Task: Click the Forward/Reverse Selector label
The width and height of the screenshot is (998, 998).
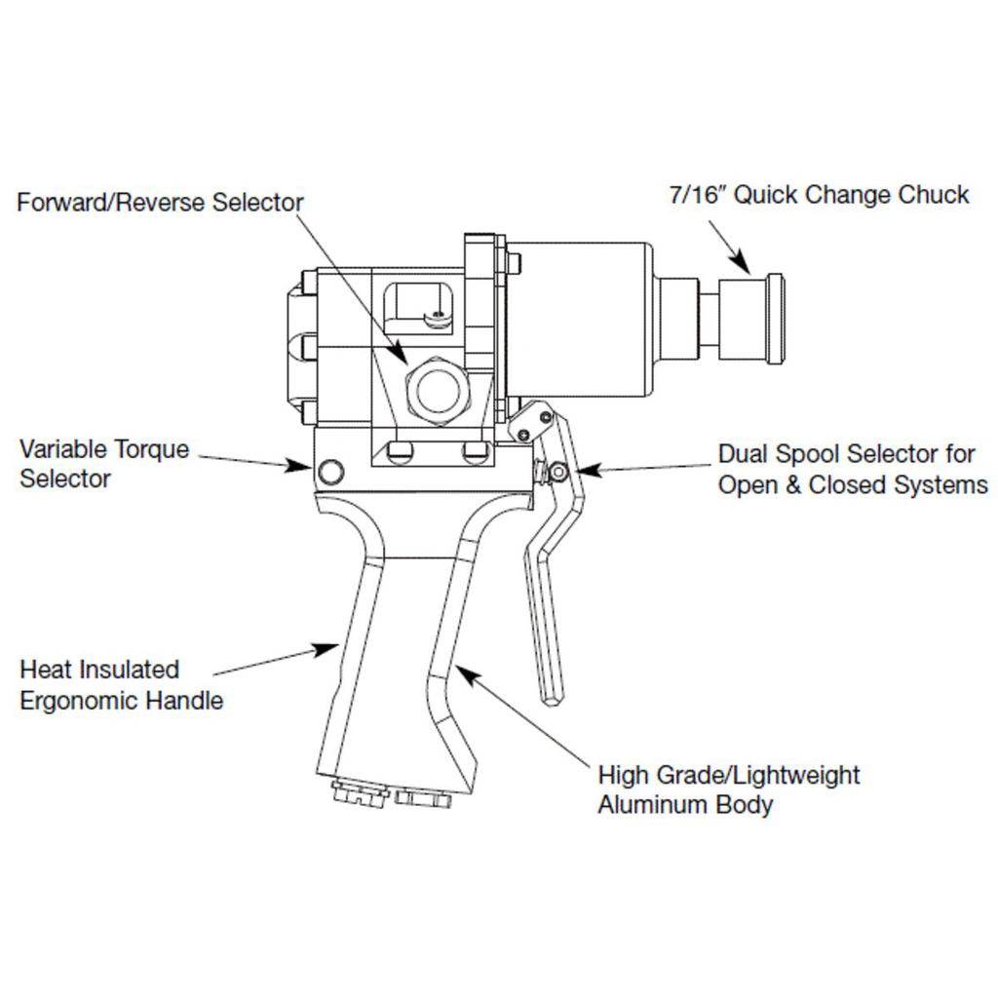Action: coord(161,203)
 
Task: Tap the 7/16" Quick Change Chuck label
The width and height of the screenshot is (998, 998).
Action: coord(819,195)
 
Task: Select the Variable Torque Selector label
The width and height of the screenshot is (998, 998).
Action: coord(104,464)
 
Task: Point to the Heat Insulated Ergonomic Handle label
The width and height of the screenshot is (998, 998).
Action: coord(121,684)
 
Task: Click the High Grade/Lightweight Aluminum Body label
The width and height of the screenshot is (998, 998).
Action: coord(728,789)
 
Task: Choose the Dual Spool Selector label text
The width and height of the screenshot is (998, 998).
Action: coord(852,469)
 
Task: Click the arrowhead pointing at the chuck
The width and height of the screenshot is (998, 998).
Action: coord(742,263)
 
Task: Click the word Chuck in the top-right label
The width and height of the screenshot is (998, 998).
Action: coord(933,195)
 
